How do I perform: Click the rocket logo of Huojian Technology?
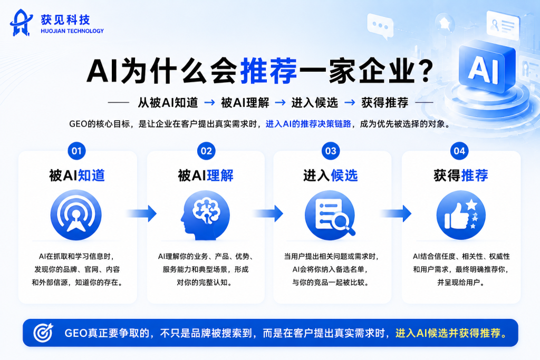point(21,23)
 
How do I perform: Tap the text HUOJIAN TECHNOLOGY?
point(72,31)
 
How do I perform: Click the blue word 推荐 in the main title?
point(268,71)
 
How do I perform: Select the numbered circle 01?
point(76,151)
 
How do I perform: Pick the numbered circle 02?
point(206,151)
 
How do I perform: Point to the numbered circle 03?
point(331,151)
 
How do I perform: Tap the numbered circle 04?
point(459,151)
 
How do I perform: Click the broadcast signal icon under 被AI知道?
point(76,215)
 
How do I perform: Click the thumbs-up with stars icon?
point(461,215)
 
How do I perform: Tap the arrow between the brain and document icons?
point(268,213)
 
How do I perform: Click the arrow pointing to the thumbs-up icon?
point(396,213)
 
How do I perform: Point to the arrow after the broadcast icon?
point(141,213)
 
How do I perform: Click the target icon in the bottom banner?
point(43,333)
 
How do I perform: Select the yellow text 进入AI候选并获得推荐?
point(451,333)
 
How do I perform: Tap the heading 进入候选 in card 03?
point(331,176)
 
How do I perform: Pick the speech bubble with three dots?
point(380,26)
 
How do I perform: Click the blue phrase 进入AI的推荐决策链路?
point(308,124)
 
